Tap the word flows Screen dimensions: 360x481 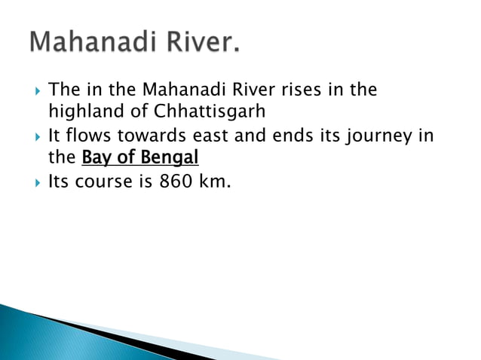click(x=85, y=137)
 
